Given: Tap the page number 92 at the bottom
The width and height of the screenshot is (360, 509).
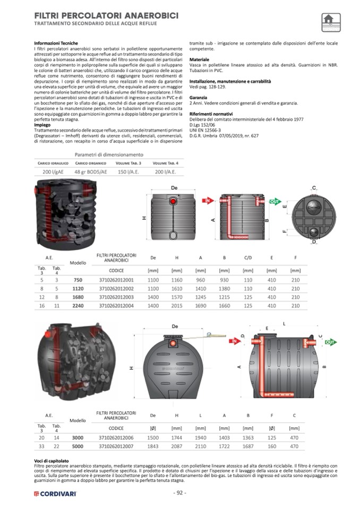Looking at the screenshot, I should click(x=179, y=493).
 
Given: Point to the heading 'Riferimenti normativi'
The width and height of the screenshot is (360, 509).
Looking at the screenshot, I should click(x=212, y=114).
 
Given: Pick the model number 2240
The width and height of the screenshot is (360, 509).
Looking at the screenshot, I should click(x=78, y=306).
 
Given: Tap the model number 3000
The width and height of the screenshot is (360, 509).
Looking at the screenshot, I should click(x=78, y=437).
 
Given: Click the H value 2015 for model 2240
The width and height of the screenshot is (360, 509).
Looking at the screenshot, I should click(x=177, y=306).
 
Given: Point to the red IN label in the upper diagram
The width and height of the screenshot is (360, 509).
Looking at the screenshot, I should click(x=208, y=200).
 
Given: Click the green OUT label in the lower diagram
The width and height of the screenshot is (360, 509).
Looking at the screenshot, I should click(x=329, y=343).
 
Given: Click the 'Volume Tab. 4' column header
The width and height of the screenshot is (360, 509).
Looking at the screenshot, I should click(x=165, y=163).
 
